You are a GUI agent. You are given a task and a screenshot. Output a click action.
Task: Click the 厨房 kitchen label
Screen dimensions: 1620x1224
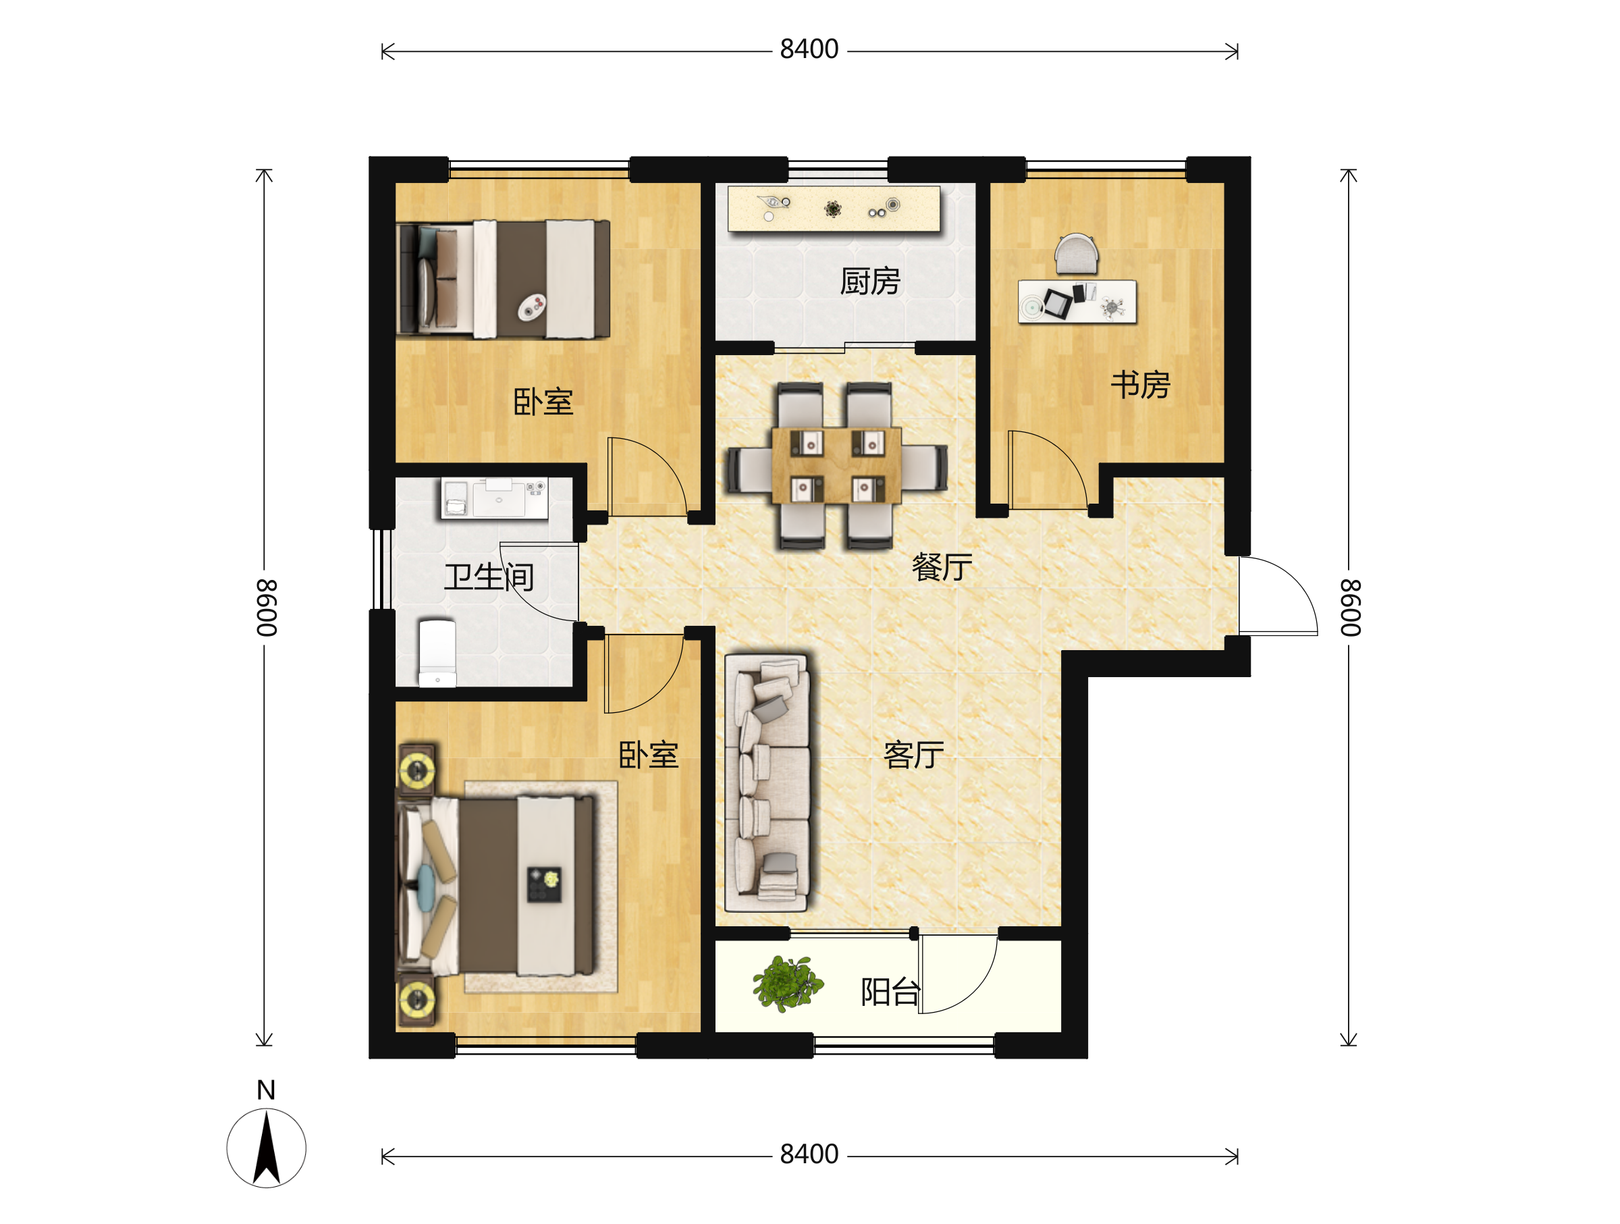pos(870,282)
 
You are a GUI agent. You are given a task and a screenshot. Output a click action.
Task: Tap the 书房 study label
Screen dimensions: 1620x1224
pos(1140,385)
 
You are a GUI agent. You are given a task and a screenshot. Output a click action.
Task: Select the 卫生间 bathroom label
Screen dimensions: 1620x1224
pos(489,577)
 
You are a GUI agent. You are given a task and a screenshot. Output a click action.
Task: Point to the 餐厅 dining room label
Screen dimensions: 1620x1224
pos(942,567)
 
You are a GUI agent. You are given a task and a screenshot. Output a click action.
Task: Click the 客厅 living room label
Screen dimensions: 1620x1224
pos(914,755)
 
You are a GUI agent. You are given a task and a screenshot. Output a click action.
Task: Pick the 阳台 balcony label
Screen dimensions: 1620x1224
pos(890,992)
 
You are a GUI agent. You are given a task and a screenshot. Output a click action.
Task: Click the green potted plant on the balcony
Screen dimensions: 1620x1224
pos(787,983)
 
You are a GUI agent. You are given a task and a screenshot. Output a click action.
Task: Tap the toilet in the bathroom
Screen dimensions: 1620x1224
pos(437,654)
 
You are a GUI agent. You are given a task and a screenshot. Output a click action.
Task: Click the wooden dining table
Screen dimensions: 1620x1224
pos(836,465)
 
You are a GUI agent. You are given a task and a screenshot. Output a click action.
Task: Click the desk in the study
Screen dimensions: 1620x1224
pos(1077,301)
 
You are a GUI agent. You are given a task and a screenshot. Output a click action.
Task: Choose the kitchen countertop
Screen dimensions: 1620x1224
pos(834,209)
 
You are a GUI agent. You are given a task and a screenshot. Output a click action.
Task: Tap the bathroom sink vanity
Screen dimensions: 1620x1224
pos(494,498)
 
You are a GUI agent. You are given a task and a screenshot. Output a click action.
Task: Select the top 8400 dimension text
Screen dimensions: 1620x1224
pos(809,49)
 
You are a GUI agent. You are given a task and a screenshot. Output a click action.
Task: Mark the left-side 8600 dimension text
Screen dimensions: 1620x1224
pos(266,608)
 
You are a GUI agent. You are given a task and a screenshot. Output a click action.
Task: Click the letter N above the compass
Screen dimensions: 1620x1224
pos(267,1090)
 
